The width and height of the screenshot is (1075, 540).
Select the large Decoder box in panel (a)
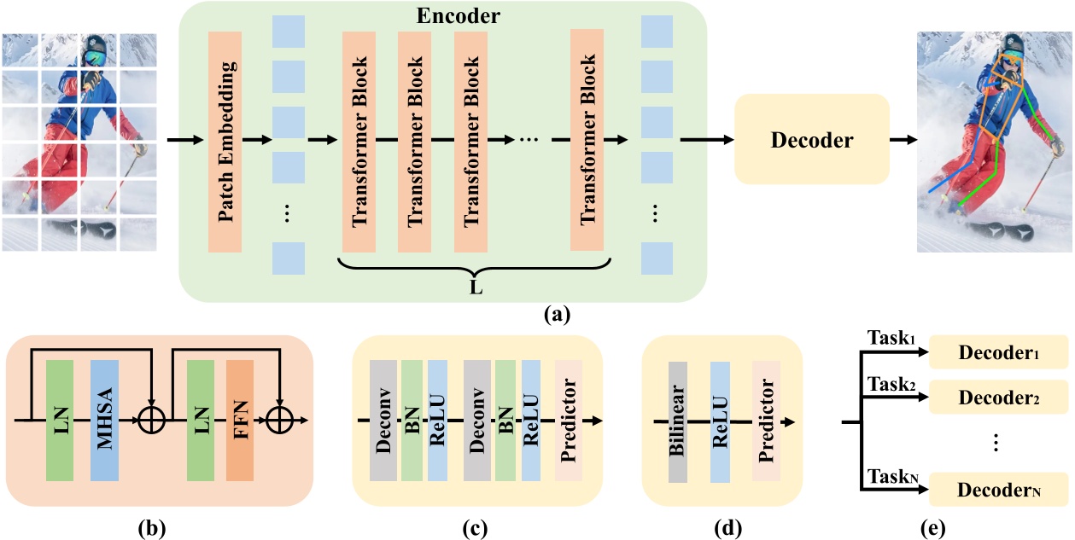(x=811, y=141)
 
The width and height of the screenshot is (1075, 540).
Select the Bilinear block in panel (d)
(x=678, y=422)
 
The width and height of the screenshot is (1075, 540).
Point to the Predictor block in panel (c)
(x=569, y=422)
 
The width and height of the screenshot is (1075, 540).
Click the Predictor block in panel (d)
(x=765, y=422)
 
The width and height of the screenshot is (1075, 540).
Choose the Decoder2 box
(x=998, y=397)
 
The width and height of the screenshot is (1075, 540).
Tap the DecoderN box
(x=998, y=491)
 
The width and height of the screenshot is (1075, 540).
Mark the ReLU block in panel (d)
(x=720, y=422)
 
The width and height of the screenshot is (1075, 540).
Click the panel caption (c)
(x=474, y=525)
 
